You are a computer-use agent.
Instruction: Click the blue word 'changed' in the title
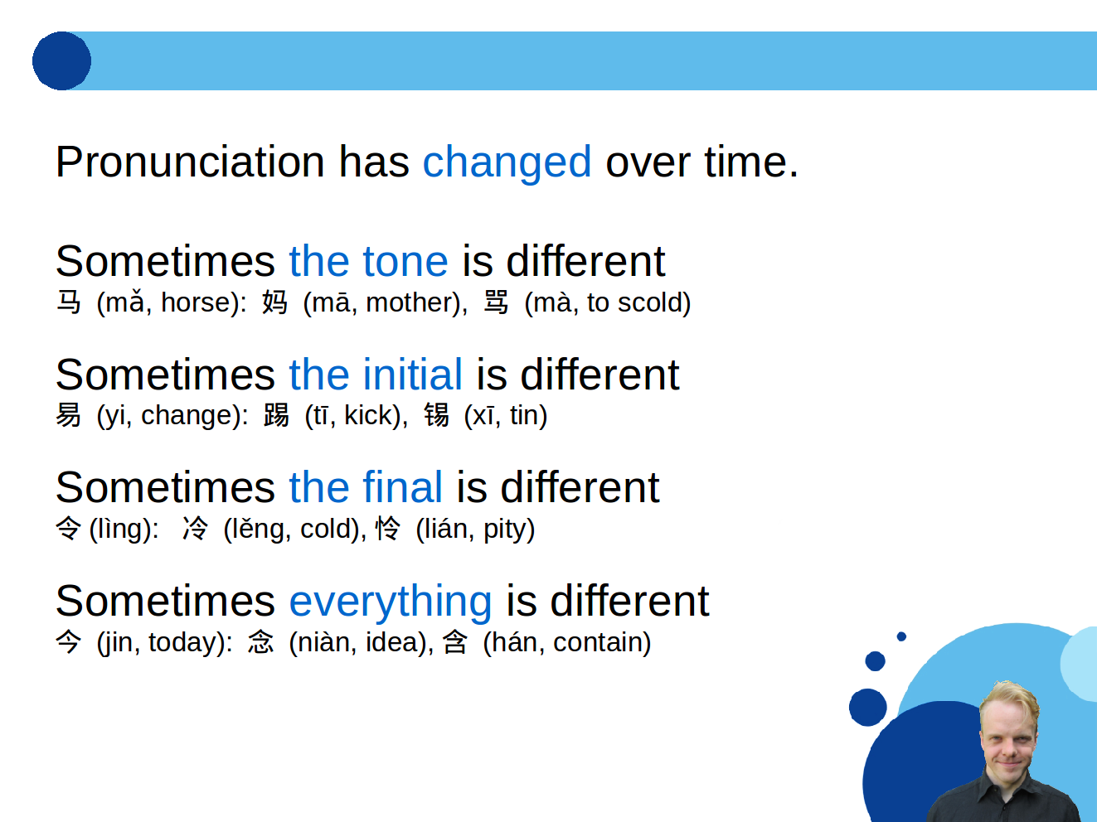click(x=507, y=162)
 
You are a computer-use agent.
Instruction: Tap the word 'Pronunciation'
click(x=190, y=162)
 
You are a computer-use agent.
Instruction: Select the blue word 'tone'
click(x=405, y=262)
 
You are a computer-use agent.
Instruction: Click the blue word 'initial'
click(x=412, y=374)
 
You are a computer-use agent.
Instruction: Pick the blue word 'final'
click(x=402, y=487)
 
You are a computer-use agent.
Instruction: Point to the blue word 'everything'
click(x=391, y=602)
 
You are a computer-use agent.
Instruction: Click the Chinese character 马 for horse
click(x=69, y=302)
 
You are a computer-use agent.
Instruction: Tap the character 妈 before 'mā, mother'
click(x=274, y=302)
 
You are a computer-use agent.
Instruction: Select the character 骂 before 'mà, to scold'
click(x=496, y=302)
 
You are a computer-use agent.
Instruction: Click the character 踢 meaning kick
click(x=276, y=415)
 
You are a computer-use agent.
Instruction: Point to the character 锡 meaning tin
click(x=436, y=415)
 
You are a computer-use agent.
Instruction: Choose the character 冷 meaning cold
click(x=195, y=529)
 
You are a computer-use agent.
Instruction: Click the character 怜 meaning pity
click(x=388, y=529)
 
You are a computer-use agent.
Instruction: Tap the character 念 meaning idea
click(x=260, y=642)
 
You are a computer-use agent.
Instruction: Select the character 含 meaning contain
click(x=454, y=642)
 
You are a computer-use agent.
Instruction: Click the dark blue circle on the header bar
click(x=61, y=61)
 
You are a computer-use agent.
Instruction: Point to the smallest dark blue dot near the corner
click(x=901, y=636)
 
